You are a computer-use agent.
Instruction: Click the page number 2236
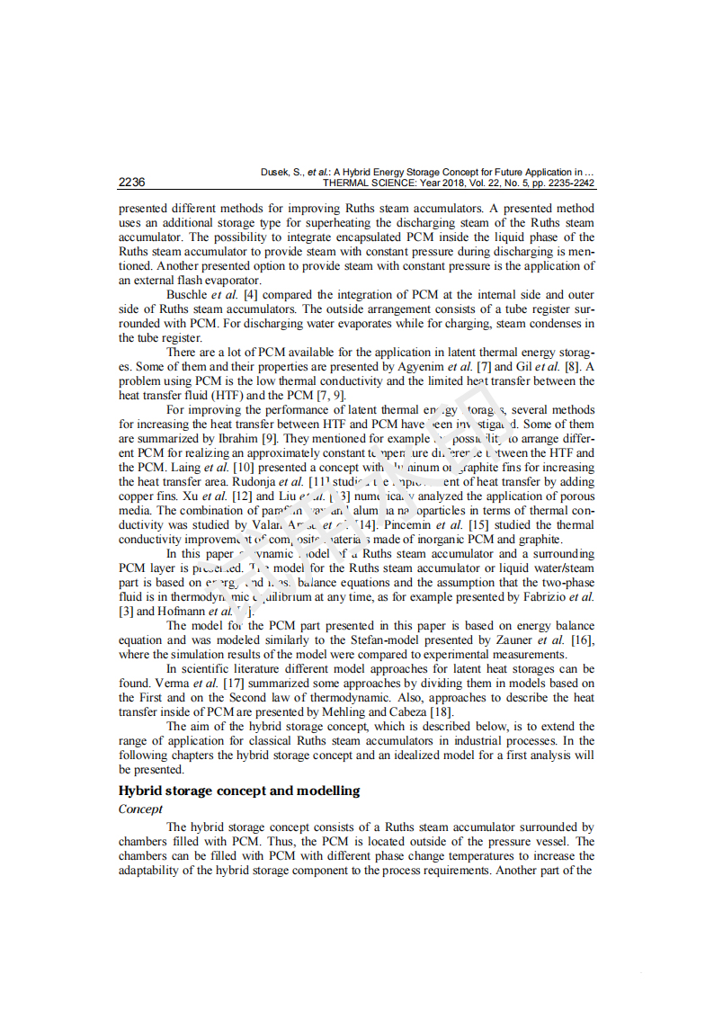[132, 183]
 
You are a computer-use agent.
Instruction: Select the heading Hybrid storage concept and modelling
[239, 791]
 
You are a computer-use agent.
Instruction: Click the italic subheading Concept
[140, 809]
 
